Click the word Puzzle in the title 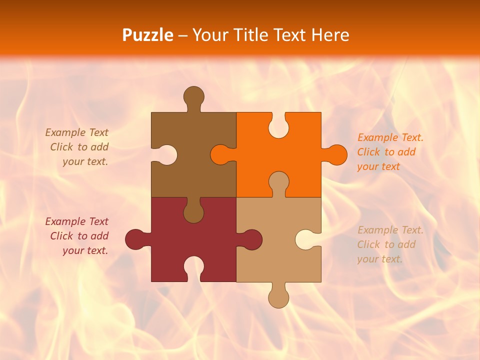tap(148, 35)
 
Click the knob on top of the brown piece tap(193, 96)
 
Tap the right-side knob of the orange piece tap(336, 154)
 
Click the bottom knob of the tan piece tap(278, 297)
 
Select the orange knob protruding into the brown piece tap(220, 154)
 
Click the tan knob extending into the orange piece tap(278, 181)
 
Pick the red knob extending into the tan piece tap(251, 239)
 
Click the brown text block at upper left tap(78, 147)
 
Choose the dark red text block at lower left tap(78, 236)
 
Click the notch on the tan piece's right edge tap(306, 239)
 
